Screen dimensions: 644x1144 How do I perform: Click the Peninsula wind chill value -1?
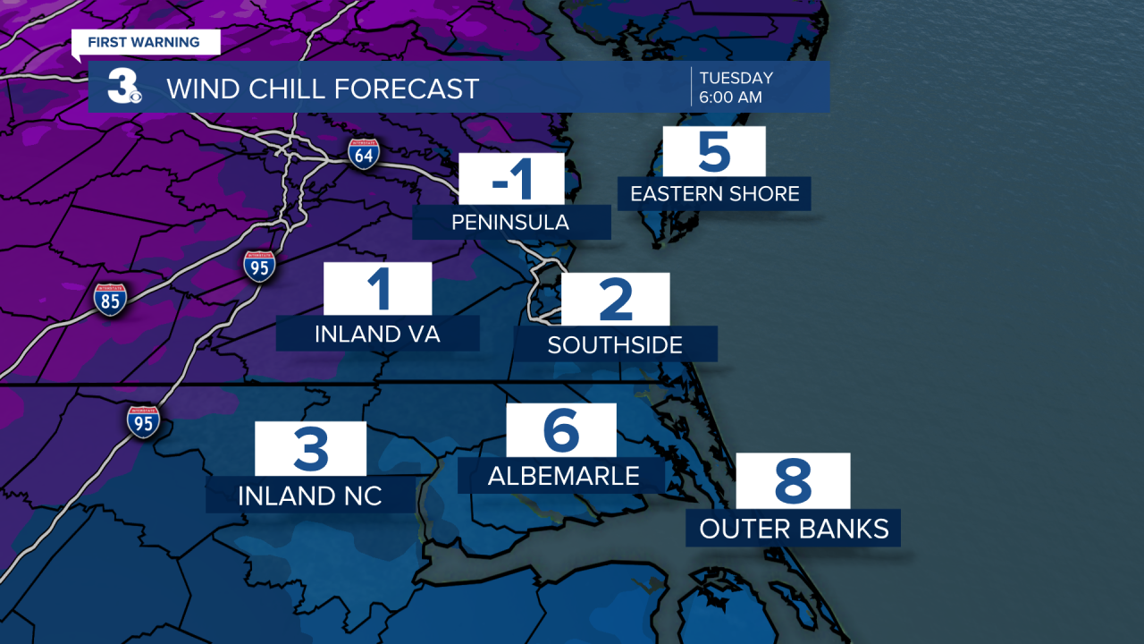(x=512, y=179)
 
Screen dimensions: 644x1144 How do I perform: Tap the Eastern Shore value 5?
(x=714, y=152)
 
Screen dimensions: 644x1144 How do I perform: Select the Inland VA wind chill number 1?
(x=378, y=290)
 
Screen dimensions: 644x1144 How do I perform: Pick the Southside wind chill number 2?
(x=615, y=300)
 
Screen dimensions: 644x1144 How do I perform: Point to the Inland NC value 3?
(x=311, y=449)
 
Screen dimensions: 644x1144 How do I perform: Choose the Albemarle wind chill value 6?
(x=561, y=430)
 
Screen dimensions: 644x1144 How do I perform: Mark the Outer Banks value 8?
(x=793, y=481)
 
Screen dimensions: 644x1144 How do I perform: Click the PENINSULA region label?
(x=510, y=222)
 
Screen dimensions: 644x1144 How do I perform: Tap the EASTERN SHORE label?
(x=715, y=193)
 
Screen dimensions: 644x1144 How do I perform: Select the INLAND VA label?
(x=378, y=334)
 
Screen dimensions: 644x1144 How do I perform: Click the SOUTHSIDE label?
(x=615, y=344)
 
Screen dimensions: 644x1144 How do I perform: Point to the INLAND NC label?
(x=310, y=496)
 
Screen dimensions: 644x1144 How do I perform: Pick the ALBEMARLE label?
(x=563, y=476)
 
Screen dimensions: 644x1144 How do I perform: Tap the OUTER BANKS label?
(x=794, y=529)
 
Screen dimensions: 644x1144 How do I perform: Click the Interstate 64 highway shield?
(x=364, y=154)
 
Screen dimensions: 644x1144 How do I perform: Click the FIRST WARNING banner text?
(x=144, y=42)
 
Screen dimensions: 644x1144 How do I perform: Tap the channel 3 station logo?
(x=123, y=87)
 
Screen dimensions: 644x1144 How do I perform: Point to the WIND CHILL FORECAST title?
(x=323, y=89)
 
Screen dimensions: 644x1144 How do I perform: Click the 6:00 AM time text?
(x=731, y=97)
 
